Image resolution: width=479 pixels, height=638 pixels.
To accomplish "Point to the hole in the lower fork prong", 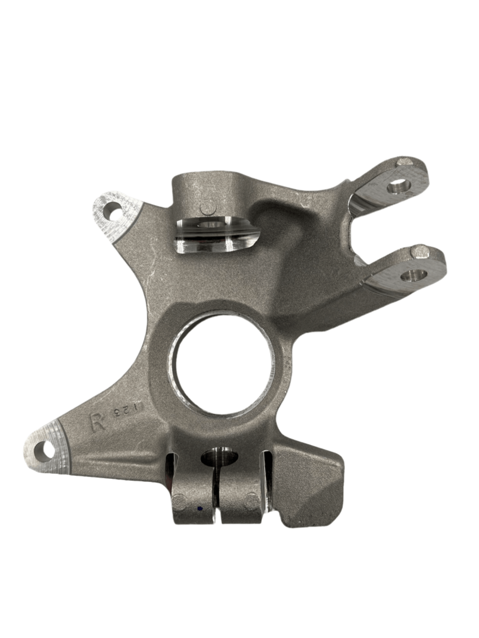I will pyautogui.click(x=414, y=275).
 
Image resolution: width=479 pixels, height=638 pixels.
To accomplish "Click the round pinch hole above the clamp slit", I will pyautogui.click(x=220, y=456).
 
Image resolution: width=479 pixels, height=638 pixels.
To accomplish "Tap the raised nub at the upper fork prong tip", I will pyautogui.click(x=405, y=163).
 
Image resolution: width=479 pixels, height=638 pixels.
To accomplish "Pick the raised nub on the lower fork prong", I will pyautogui.click(x=419, y=251).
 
